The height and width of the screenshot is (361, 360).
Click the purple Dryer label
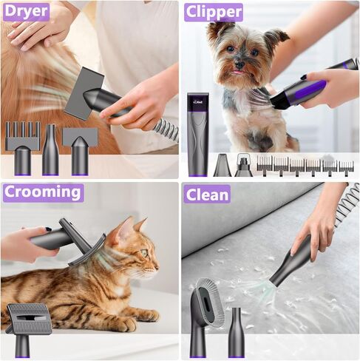point(25,11)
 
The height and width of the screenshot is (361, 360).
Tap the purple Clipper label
point(213,12)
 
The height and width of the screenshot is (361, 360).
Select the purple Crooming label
point(43,193)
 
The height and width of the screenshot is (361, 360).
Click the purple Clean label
point(208,194)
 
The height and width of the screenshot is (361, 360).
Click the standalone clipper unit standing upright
point(197,133)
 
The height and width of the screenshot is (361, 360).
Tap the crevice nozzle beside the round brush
point(236,332)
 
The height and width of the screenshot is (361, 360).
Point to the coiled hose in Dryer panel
point(166,129)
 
